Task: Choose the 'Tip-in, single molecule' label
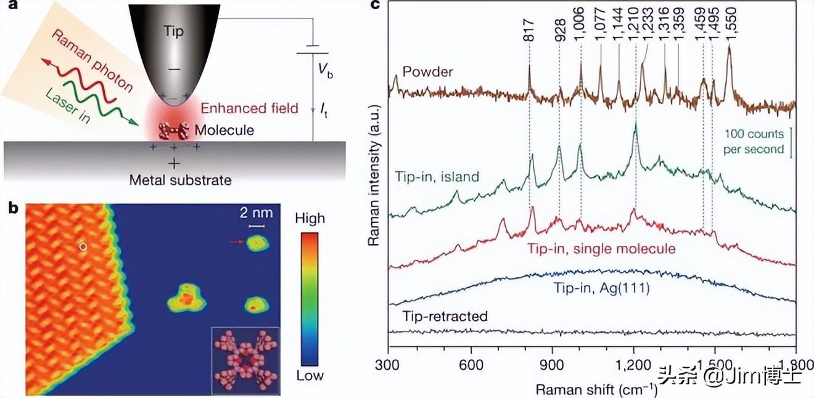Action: pyautogui.click(x=601, y=248)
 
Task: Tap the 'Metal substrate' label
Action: pyautogui.click(x=180, y=180)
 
